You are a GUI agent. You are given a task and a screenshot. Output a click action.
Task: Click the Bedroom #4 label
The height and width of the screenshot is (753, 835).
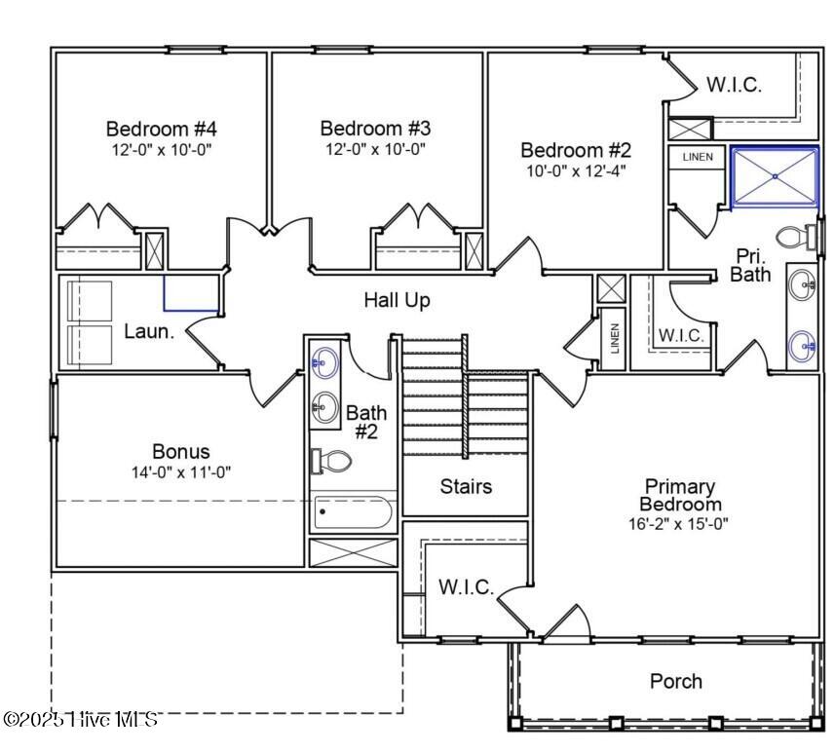(x=162, y=129)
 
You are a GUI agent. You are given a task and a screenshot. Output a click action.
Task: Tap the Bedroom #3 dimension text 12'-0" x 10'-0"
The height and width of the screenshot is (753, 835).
(x=375, y=149)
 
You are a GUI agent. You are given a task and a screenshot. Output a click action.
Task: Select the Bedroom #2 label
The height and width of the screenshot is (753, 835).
(x=576, y=150)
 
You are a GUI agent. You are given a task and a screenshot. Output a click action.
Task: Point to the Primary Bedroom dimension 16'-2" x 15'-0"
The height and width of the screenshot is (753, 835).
(x=679, y=523)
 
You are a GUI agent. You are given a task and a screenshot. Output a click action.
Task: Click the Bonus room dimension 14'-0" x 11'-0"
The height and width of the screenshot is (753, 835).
(x=181, y=471)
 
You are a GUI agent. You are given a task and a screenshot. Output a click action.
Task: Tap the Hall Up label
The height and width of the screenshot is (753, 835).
(x=397, y=300)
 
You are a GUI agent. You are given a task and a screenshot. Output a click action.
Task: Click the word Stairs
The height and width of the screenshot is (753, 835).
(x=466, y=486)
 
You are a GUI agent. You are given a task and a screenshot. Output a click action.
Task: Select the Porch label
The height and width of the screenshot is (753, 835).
(x=675, y=681)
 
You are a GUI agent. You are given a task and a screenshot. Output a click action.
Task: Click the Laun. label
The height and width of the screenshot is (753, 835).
(x=149, y=331)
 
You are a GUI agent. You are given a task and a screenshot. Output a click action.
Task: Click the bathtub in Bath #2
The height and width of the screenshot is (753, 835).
(x=352, y=511)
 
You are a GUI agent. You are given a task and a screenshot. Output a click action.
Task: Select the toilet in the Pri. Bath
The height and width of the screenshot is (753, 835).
(x=802, y=236)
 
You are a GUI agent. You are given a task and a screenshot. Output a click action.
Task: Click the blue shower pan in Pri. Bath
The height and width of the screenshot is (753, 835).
(x=775, y=177)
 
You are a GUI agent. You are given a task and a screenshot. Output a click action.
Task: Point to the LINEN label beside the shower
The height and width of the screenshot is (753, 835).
(x=698, y=157)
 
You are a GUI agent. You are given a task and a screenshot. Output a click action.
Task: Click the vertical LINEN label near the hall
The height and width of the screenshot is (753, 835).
(x=614, y=339)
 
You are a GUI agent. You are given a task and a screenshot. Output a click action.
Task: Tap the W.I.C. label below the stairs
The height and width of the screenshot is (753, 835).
(x=466, y=588)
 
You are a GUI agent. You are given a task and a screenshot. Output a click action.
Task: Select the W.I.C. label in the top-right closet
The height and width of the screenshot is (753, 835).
(x=734, y=85)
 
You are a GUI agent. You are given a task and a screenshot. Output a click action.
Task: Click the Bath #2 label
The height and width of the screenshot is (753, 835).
(x=366, y=422)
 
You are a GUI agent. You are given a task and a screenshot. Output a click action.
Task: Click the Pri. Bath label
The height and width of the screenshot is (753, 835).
(x=751, y=265)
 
